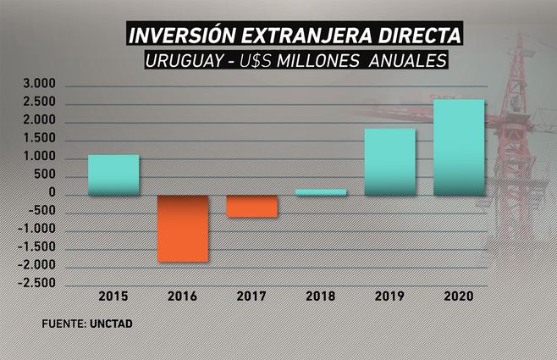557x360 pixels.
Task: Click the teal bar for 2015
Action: pyautogui.click(x=113, y=174)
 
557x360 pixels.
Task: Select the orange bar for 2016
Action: pyautogui.click(x=183, y=228)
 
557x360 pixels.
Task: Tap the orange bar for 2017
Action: pyautogui.click(x=251, y=206)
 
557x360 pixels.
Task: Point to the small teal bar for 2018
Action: pyautogui.click(x=321, y=191)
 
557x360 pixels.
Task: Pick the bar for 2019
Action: pyautogui.click(x=389, y=162)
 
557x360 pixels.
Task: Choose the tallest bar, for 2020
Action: pyautogui.click(x=459, y=147)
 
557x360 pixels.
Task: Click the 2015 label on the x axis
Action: pyautogui.click(x=113, y=296)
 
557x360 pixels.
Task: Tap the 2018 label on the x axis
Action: pyautogui.click(x=321, y=296)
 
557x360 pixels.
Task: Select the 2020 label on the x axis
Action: pyautogui.click(x=460, y=296)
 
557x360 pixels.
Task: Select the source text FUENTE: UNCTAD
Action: pyautogui.click(x=87, y=324)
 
